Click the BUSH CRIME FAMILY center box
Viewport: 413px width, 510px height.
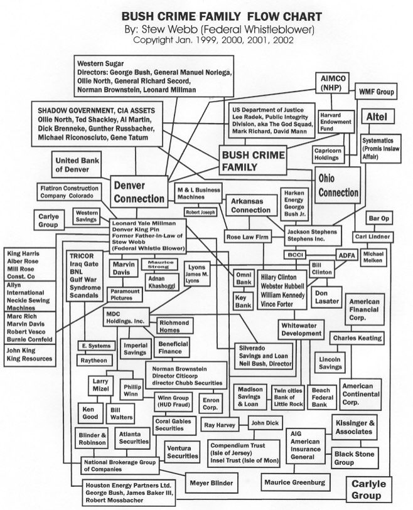tap(252, 161)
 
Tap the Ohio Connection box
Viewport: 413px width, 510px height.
tap(338, 186)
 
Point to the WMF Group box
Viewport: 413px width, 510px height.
tap(376, 92)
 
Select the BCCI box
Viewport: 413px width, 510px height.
tap(294, 255)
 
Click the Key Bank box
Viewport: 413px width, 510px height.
tap(243, 300)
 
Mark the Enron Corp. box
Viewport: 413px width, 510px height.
tap(210, 402)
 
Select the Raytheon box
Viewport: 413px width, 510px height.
tap(96, 360)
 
